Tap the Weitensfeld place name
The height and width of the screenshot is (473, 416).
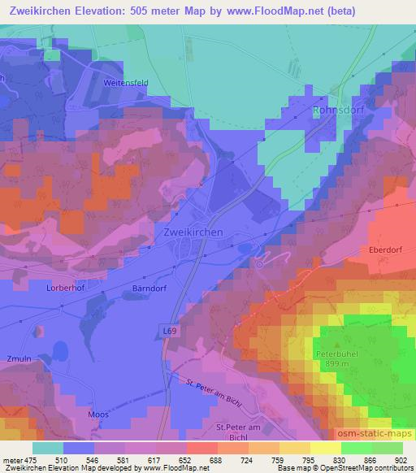coord(126,82)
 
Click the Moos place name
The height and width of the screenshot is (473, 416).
coord(97,414)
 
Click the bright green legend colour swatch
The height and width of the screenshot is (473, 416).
coord(356,448)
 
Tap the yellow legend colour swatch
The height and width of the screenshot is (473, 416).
coord(325,448)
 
